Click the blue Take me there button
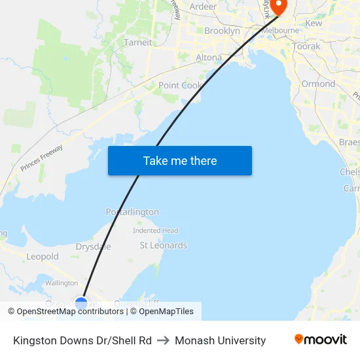coord(180,161)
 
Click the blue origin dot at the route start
coord(81,304)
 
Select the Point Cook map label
coord(181,85)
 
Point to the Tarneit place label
coord(137,43)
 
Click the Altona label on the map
coord(209,58)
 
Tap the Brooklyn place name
coord(222,31)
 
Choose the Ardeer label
coord(203,7)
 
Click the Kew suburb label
coord(314,23)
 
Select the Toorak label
coord(306,46)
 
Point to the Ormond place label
coord(318,84)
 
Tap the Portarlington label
coord(132,212)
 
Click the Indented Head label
coord(155,230)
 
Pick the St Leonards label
coord(164,245)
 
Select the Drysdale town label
coord(93,247)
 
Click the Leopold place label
coord(43,257)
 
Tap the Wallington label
coord(62,283)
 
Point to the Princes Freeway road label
coord(41,158)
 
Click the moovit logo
coord(321,340)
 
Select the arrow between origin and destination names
coord(163,340)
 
